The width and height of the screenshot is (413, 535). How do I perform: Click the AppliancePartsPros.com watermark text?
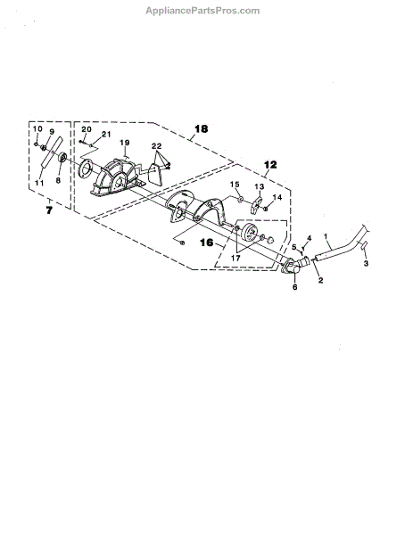pyautogui.click(x=202, y=11)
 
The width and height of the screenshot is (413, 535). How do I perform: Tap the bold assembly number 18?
pyautogui.click(x=201, y=129)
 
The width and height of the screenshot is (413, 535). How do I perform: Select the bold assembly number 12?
pyautogui.click(x=270, y=165)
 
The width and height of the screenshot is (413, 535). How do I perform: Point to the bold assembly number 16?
pyautogui.click(x=207, y=243)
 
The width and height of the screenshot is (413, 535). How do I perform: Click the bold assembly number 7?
pyautogui.click(x=49, y=210)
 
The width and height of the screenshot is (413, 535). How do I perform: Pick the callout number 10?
pyautogui.click(x=37, y=128)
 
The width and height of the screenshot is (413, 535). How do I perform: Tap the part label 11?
pyautogui.click(x=39, y=183)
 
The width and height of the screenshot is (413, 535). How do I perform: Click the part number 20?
pyautogui.click(x=87, y=129)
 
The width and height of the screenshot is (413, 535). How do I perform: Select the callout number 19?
pyautogui.click(x=125, y=143)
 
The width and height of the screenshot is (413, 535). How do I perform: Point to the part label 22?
pyautogui.click(x=157, y=146)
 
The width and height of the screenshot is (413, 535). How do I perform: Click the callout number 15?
pyautogui.click(x=235, y=185)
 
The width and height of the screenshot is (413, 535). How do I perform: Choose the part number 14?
pyautogui.click(x=277, y=197)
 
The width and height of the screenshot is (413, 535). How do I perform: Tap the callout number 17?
pyautogui.click(x=235, y=259)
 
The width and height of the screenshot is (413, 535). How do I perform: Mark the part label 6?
pyautogui.click(x=295, y=287)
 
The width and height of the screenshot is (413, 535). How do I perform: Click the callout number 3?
pyautogui.click(x=366, y=263)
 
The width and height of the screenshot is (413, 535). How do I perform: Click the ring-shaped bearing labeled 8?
pyautogui.click(x=62, y=158)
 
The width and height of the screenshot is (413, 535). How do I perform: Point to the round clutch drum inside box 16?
pyautogui.click(x=250, y=234)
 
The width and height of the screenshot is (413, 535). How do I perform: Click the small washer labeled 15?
pyautogui.click(x=240, y=199)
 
